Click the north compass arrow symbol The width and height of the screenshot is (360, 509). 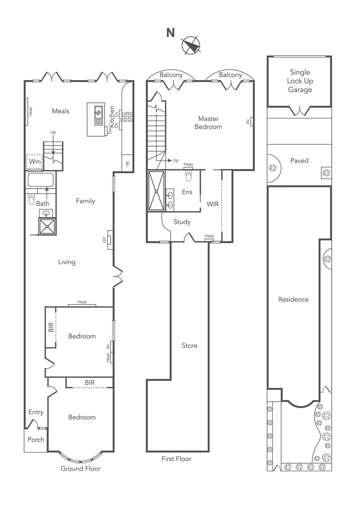pos(191,45)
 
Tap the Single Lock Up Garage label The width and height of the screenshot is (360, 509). pos(300,81)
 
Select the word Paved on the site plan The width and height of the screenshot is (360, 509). pos(299,161)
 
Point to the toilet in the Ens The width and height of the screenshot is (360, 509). pos(188,175)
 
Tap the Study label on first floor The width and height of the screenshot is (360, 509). pos(182,222)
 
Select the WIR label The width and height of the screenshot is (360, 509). pos(213,205)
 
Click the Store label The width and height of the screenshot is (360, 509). pos(189,346)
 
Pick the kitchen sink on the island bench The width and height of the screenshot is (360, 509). pos(98,112)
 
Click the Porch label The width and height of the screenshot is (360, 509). pos(36,440)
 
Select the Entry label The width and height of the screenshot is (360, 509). pos(36,412)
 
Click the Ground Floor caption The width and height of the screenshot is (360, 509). pos(81,468)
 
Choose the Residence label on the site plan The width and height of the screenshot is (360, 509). pos(293,299)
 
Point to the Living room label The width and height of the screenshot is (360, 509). pos(66,262)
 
